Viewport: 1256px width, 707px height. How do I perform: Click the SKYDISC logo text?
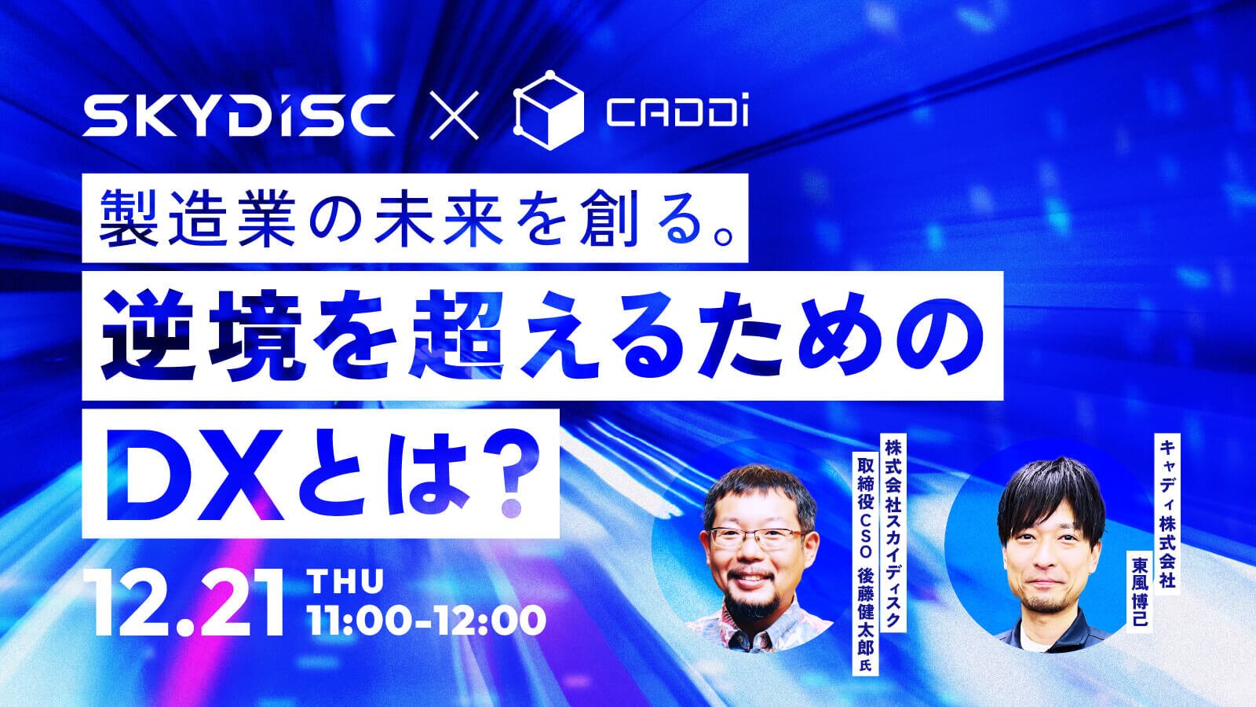[x=238, y=115]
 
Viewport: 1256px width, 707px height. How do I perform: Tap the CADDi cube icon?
[x=549, y=110]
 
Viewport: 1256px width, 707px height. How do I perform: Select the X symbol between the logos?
[x=454, y=115]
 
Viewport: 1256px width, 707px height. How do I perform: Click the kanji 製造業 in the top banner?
[x=197, y=219]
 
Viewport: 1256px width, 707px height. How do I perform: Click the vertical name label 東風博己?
[x=1139, y=591]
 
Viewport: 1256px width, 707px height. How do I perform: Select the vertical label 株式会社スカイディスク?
[x=892, y=533]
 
